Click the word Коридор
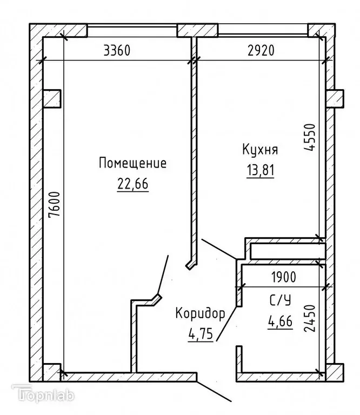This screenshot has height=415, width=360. tap(199, 313)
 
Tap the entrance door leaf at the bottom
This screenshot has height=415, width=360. tap(215, 392)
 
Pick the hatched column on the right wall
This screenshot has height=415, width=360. tap(335, 99)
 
